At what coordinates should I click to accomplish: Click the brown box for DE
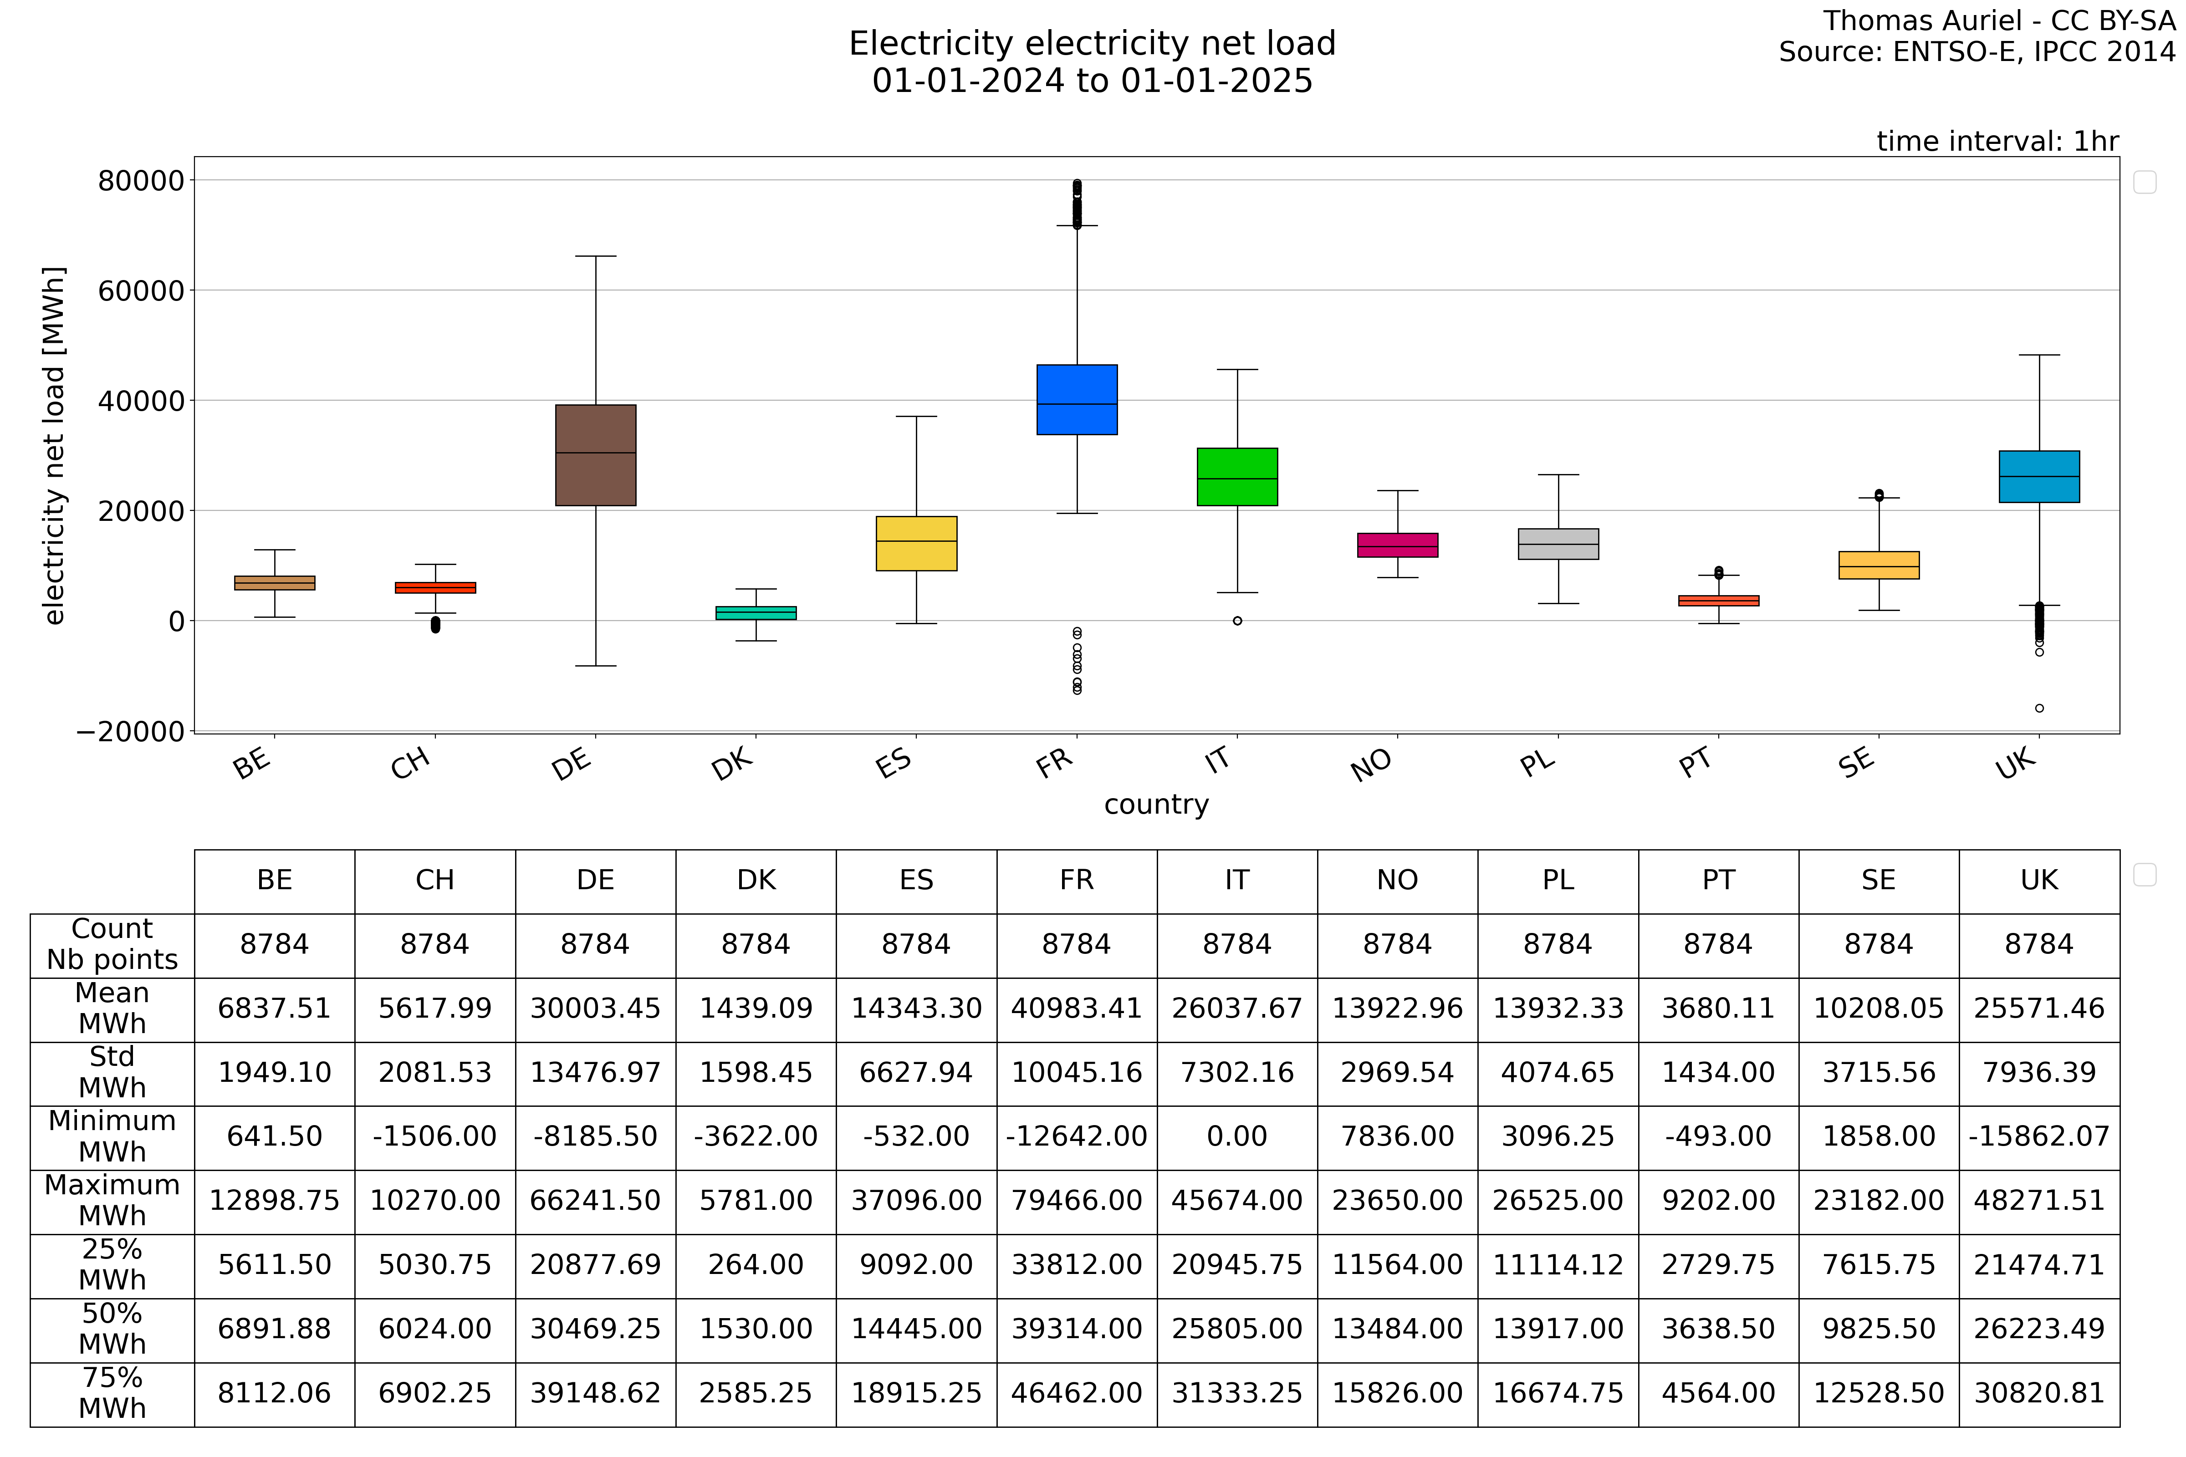pyautogui.click(x=596, y=455)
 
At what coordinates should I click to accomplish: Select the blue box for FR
pyautogui.click(x=1077, y=400)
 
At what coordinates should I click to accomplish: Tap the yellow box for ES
pyautogui.click(x=916, y=544)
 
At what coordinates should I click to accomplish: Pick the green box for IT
pyautogui.click(x=1237, y=477)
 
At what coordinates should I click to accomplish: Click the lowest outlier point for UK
pyautogui.click(x=2039, y=708)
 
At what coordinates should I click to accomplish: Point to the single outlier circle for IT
pyautogui.click(x=1237, y=621)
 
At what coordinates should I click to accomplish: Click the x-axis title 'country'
pyautogui.click(x=1156, y=805)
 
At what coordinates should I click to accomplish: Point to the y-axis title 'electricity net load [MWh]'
pyautogui.click(x=54, y=446)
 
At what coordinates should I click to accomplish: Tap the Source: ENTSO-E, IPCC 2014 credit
pyautogui.click(x=1977, y=52)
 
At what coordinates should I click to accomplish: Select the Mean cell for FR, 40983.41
pyautogui.click(x=1077, y=1008)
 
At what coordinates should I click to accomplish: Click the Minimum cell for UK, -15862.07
pyautogui.click(x=2039, y=1136)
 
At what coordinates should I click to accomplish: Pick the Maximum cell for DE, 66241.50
pyautogui.click(x=596, y=1201)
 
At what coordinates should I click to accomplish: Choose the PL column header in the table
pyautogui.click(x=1558, y=880)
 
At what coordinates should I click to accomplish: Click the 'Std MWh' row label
pyautogui.click(x=112, y=1072)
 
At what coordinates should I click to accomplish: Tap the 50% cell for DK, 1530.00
pyautogui.click(x=756, y=1329)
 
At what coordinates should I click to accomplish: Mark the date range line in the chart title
pyautogui.click(x=1092, y=81)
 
